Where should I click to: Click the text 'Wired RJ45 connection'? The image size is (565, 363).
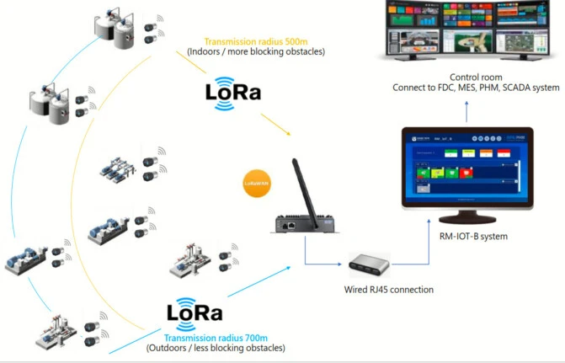389,290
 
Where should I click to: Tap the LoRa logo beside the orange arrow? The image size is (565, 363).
233,90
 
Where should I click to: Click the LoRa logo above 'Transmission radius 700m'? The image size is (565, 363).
195,313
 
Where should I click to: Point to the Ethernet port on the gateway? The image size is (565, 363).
289,225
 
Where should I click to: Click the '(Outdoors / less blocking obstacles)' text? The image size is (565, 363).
215,348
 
